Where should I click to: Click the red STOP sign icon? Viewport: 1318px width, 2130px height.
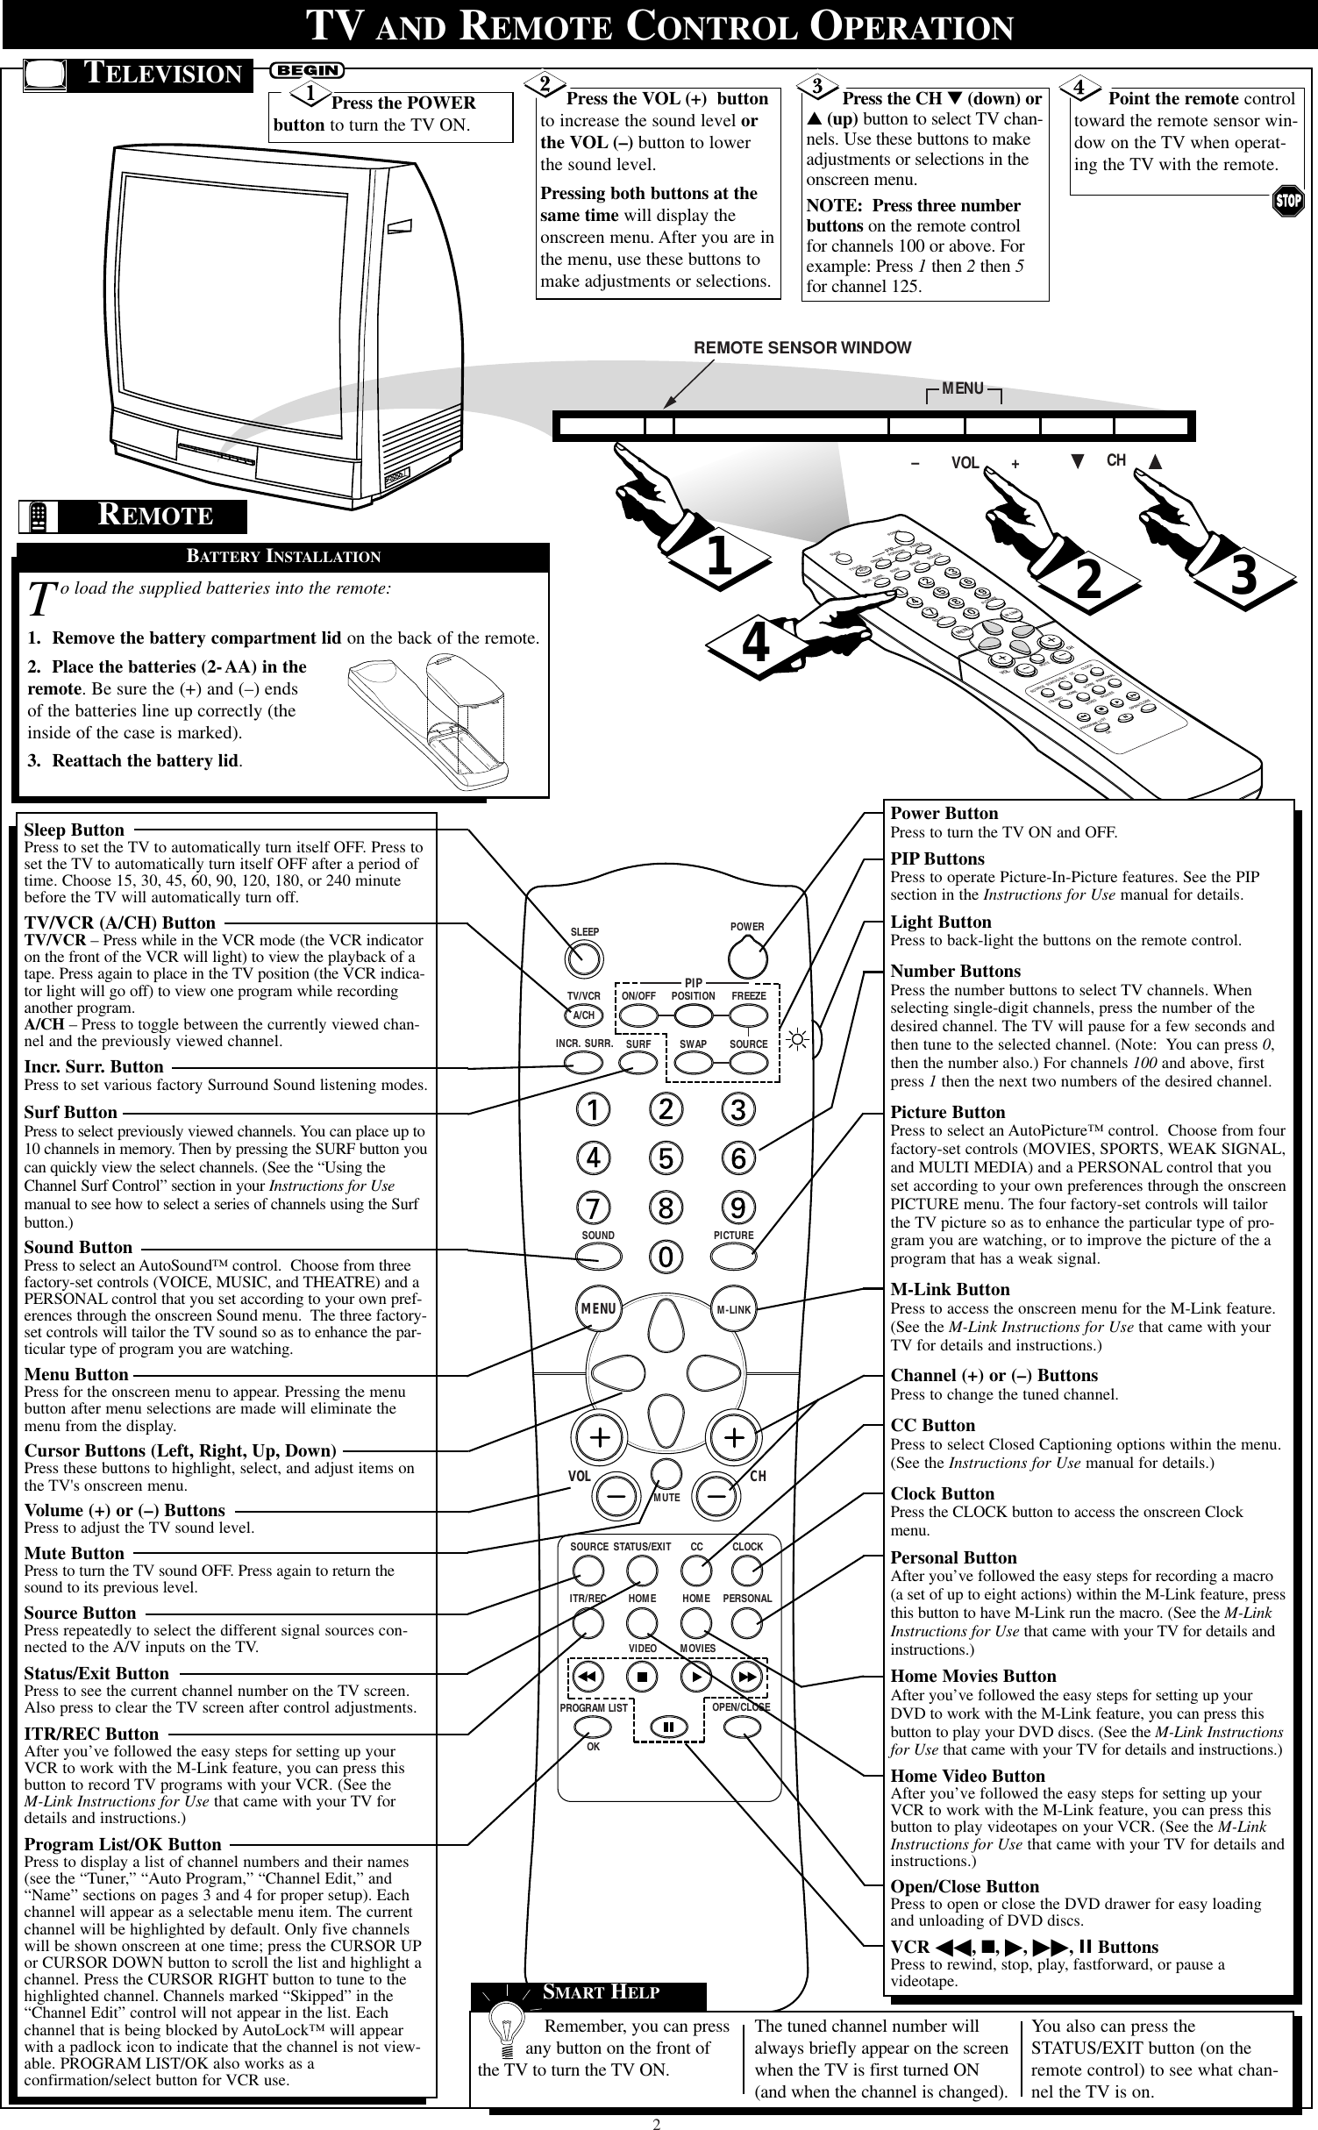[1289, 203]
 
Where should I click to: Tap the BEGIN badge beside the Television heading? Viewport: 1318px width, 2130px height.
[309, 69]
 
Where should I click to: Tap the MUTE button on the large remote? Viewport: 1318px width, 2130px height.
[666, 1472]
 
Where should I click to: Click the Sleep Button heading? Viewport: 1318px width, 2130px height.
[74, 830]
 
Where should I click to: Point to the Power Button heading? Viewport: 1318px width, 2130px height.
[944, 813]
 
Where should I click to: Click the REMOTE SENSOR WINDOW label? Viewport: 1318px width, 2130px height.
[801, 348]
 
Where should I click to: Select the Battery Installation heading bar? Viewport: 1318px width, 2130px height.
[282, 557]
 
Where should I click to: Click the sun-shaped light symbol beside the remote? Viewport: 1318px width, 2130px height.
[798, 1043]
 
